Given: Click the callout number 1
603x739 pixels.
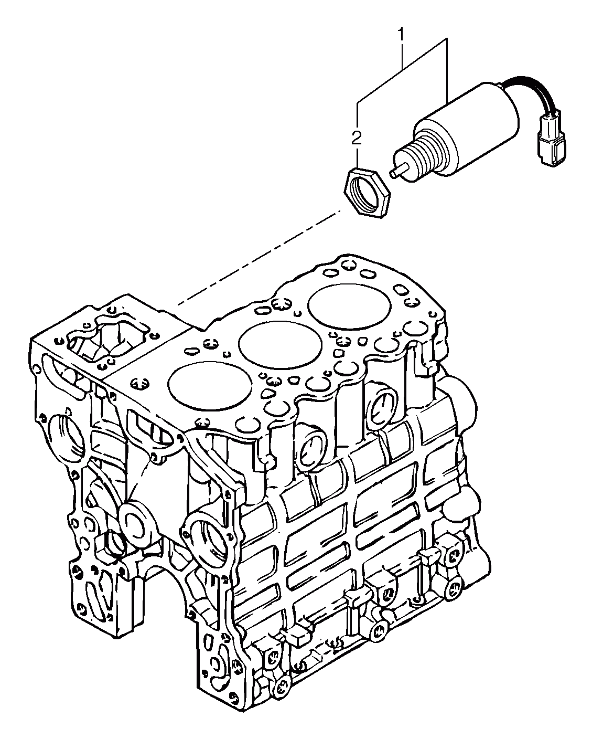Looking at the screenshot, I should click(402, 36).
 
